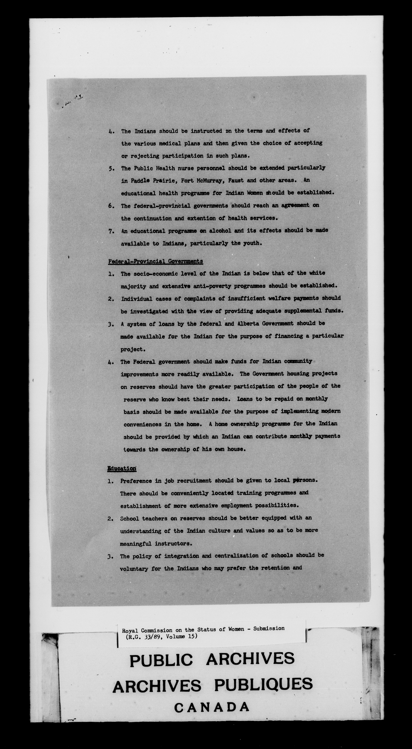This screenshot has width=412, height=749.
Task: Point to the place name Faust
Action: [236, 180]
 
